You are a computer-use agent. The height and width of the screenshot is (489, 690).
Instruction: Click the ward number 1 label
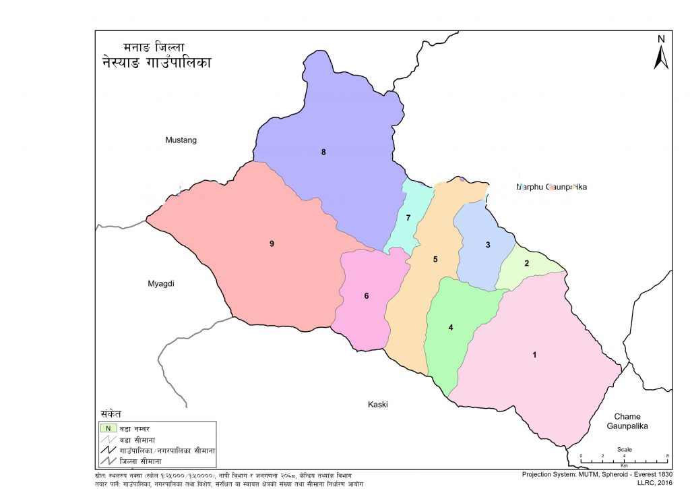click(x=534, y=355)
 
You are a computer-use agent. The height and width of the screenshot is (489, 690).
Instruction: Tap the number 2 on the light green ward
click(x=527, y=263)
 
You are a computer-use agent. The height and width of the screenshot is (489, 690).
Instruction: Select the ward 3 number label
click(x=488, y=245)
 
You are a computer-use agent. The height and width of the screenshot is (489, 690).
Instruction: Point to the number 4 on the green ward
click(x=451, y=328)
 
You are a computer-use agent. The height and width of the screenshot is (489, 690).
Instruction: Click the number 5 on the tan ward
click(x=435, y=260)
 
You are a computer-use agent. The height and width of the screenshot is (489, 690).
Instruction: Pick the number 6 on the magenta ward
click(x=367, y=295)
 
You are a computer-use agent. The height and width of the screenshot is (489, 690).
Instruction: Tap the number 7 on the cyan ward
click(x=408, y=218)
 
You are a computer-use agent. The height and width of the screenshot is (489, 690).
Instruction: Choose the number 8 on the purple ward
click(x=323, y=152)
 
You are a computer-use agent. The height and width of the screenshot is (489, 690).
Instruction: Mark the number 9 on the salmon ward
click(x=272, y=243)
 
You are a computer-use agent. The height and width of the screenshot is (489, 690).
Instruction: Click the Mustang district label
click(x=181, y=140)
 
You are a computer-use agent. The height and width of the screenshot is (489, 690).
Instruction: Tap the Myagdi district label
click(x=161, y=284)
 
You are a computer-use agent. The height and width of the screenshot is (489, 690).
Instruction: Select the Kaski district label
click(x=378, y=405)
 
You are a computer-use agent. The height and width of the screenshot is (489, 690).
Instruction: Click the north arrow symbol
click(x=661, y=52)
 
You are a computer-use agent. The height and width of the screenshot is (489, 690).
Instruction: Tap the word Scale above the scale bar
click(x=624, y=449)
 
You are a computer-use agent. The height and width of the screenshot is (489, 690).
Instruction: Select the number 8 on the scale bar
click(x=667, y=457)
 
